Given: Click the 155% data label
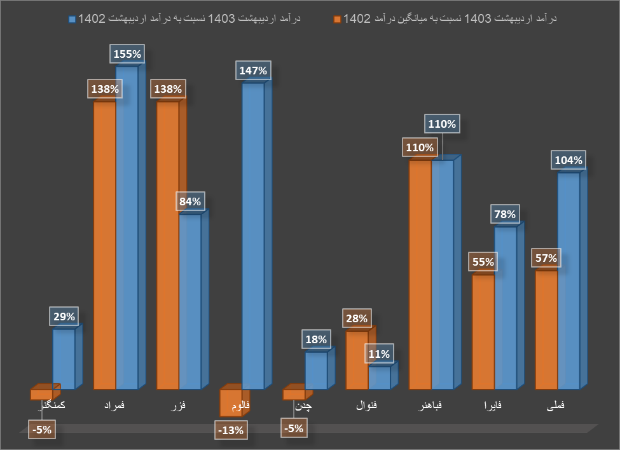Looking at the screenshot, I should coord(127,54).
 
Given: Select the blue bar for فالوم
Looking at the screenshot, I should coord(253,235).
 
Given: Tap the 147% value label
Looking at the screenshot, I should coord(253,71).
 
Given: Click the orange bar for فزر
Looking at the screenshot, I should coord(168,245).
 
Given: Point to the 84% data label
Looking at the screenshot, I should coord(190,202).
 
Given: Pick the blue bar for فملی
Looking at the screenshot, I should coord(568,280).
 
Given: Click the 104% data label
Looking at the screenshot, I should coord(568,160).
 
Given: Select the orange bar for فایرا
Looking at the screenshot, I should coord(483,331).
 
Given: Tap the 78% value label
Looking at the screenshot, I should coord(505,214).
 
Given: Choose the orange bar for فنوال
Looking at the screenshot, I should coord(357,359).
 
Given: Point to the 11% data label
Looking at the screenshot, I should coord(378,354).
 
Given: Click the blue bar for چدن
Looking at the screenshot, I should coord(316,370).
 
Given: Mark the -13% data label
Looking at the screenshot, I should coord(230,430).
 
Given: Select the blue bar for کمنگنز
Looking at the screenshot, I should coord(64,358).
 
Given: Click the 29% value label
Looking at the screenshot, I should coord(64,317).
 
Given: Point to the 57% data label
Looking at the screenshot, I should coord(546,258).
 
